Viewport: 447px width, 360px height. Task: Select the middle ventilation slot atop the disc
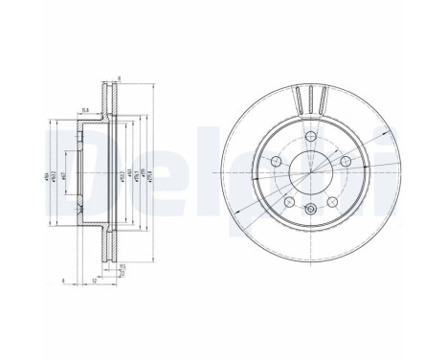pyautogui.click(x=311, y=99)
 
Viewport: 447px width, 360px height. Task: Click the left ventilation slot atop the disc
pyautogui.click(x=297, y=100)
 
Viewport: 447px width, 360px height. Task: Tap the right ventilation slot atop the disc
pyautogui.click(x=325, y=100)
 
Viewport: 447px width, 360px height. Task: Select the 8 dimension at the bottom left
pyautogui.click(x=60, y=280)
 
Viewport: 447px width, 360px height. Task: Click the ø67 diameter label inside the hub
pyautogui.click(x=64, y=172)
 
